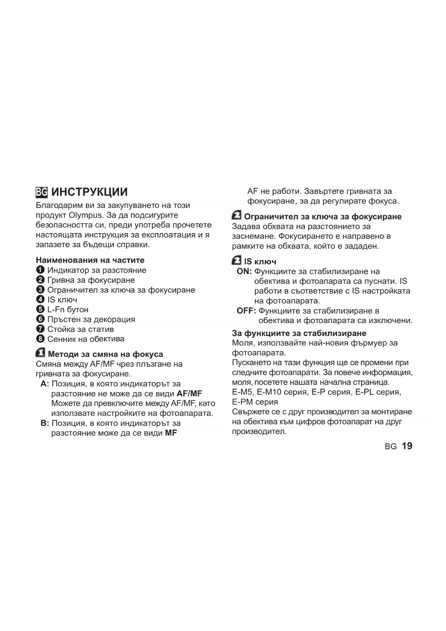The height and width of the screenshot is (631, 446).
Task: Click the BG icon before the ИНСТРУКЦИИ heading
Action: point(42,192)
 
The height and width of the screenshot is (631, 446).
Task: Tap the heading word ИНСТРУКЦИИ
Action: point(89,192)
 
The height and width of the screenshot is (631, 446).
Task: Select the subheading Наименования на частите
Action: point(90,260)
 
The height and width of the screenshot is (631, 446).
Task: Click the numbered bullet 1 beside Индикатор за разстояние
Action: point(40,270)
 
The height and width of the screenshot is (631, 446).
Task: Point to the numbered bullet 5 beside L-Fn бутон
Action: point(40,309)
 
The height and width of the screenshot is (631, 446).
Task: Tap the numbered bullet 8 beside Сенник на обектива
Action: point(40,339)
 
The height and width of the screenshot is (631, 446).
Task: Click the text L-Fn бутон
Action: point(68,309)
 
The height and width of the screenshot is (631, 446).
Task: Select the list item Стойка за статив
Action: point(81,329)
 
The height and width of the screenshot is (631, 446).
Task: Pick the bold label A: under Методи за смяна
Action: point(45,384)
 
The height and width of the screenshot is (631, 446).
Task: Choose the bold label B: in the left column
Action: point(45,423)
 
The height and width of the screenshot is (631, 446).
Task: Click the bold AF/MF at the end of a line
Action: point(189,394)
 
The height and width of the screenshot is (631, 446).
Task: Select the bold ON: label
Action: point(244,272)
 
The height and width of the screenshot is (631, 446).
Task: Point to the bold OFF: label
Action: point(246,311)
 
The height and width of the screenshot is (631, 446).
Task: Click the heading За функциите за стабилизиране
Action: point(299,333)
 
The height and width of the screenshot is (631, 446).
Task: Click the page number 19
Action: point(407,446)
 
